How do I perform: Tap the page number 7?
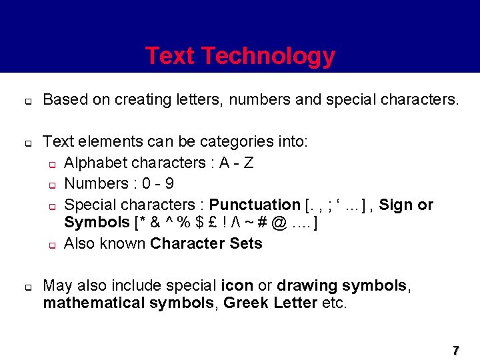coord(456,350)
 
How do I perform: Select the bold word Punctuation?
coord(255,205)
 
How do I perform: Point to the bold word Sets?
coord(246,243)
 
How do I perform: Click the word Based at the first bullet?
coord(64,100)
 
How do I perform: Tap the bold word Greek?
coord(247,303)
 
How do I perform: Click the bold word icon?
coord(237,285)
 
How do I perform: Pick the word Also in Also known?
coord(79,243)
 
